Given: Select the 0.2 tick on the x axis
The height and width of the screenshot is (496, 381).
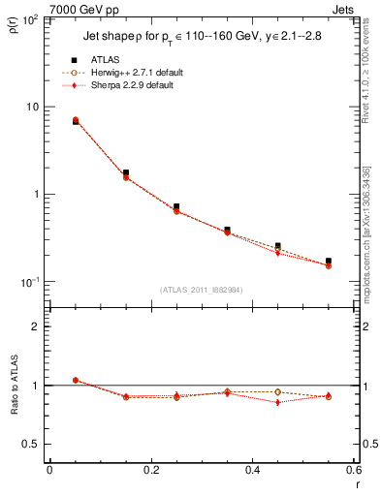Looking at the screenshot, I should [x=151, y=471].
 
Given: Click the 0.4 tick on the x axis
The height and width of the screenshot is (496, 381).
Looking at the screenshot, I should [x=253, y=471].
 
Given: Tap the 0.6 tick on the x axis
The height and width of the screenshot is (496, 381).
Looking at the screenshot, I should [x=354, y=471].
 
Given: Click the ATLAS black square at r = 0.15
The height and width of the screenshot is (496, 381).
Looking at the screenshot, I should [x=126, y=172].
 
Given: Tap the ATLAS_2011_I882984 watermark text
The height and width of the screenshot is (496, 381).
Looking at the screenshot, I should [x=202, y=289].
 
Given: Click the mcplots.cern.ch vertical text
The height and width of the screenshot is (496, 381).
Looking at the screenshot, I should [x=370, y=242].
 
